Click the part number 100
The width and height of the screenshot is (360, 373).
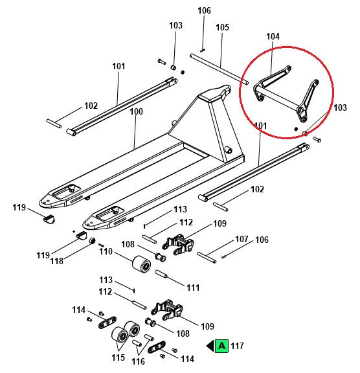click(136, 111)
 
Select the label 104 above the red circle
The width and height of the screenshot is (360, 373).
click(273, 37)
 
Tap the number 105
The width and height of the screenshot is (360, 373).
click(222, 27)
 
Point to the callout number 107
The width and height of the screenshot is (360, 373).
click(242, 239)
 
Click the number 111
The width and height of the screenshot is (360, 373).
click(193, 287)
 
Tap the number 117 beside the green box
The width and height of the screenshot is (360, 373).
click(237, 346)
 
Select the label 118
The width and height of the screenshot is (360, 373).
click(75, 261)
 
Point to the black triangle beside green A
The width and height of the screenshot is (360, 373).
click(210, 346)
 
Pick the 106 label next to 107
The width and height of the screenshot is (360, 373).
click(262, 240)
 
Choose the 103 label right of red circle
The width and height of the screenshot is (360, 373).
click(340, 107)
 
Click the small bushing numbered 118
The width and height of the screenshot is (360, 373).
click(93, 242)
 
